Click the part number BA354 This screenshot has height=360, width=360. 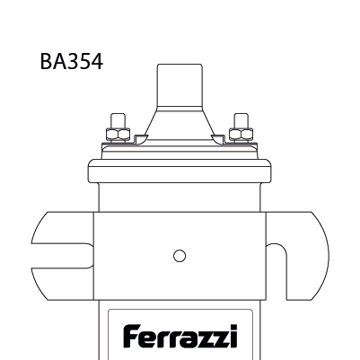(72, 62)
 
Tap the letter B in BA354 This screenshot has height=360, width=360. (46, 62)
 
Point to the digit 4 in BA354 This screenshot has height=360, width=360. (97, 62)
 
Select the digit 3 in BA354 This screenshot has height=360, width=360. (71, 62)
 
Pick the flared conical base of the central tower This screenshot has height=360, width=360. (180, 126)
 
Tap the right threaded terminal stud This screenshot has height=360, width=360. (240, 121)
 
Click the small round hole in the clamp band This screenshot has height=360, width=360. (180, 256)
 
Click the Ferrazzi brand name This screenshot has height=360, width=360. (180, 337)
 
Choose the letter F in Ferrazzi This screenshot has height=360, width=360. (129, 337)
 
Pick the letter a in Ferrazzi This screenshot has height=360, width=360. (187, 338)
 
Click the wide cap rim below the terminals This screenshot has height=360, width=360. (180, 168)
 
